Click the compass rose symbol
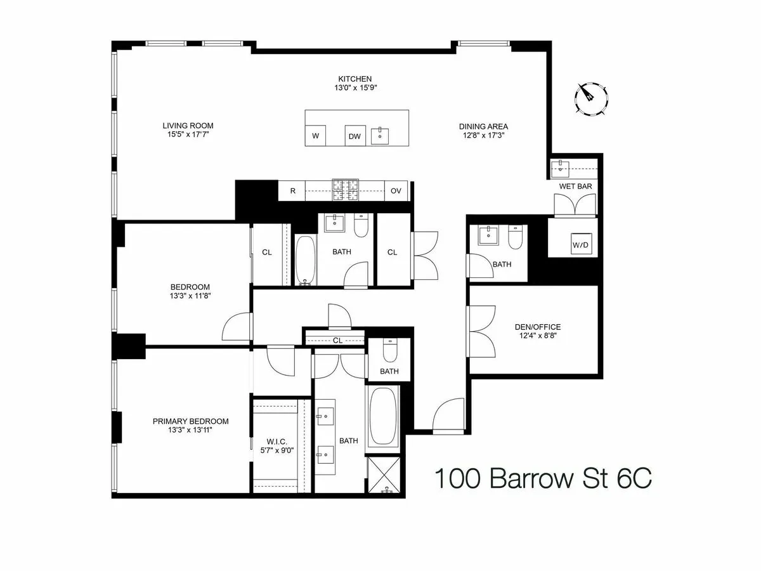592,98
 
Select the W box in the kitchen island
315,136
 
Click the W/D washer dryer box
580,244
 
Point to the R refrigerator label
292,190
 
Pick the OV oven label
396,190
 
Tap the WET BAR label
574,187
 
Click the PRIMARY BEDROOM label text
190,421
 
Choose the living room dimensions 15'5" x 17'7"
187,135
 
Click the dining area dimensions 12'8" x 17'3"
483,136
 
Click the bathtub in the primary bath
383,416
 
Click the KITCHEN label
354,79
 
